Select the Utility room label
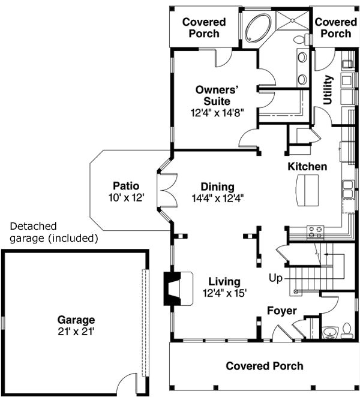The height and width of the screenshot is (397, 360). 328,90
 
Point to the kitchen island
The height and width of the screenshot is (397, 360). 307,189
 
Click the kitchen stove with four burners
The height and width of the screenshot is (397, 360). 315,231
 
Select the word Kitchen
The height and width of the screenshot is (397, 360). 307,166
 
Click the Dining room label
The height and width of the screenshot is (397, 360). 217,187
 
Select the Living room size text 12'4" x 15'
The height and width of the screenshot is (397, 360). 224,293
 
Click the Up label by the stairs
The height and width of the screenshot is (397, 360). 275,278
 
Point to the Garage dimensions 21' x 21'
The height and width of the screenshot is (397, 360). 76,330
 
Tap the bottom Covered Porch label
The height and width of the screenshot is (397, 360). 264,366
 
